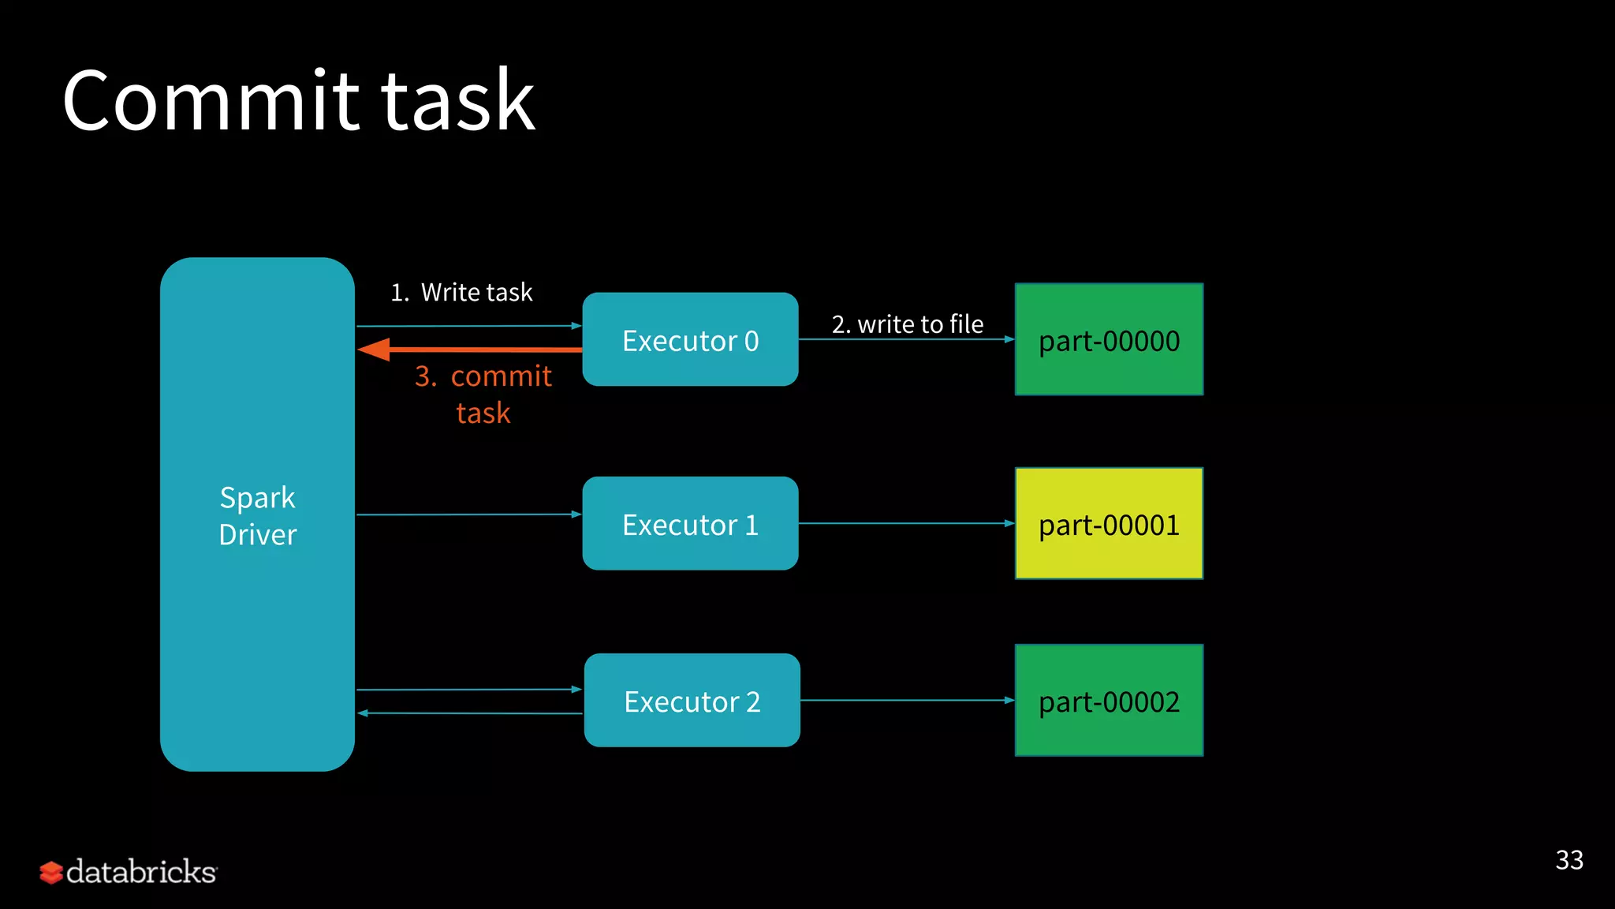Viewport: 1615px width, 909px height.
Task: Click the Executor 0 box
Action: [690, 339]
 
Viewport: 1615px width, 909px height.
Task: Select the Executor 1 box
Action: [690, 524]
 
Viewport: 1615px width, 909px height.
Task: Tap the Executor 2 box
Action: [692, 701]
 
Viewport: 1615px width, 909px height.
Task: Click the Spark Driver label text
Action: [257, 516]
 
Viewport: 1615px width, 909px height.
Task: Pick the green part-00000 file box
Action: [1109, 339]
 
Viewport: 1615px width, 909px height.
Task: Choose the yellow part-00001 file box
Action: [1109, 524]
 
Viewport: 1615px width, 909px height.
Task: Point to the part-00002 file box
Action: [1109, 701]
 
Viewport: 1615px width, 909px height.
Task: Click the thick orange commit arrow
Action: [473, 349]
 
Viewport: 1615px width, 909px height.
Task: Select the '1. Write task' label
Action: [461, 293]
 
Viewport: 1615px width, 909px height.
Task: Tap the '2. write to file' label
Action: [907, 324]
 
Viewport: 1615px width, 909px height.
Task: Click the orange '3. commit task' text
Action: [483, 394]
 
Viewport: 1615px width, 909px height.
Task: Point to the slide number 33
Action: [1568, 860]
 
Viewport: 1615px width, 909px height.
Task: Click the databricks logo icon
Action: [51, 873]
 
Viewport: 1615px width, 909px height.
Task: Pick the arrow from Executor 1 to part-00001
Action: [907, 523]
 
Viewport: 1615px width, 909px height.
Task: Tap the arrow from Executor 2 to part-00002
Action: [907, 700]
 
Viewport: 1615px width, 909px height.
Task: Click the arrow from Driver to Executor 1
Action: [469, 514]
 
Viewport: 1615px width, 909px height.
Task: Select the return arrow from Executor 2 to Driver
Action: [469, 713]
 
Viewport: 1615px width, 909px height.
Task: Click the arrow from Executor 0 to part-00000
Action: [907, 339]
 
